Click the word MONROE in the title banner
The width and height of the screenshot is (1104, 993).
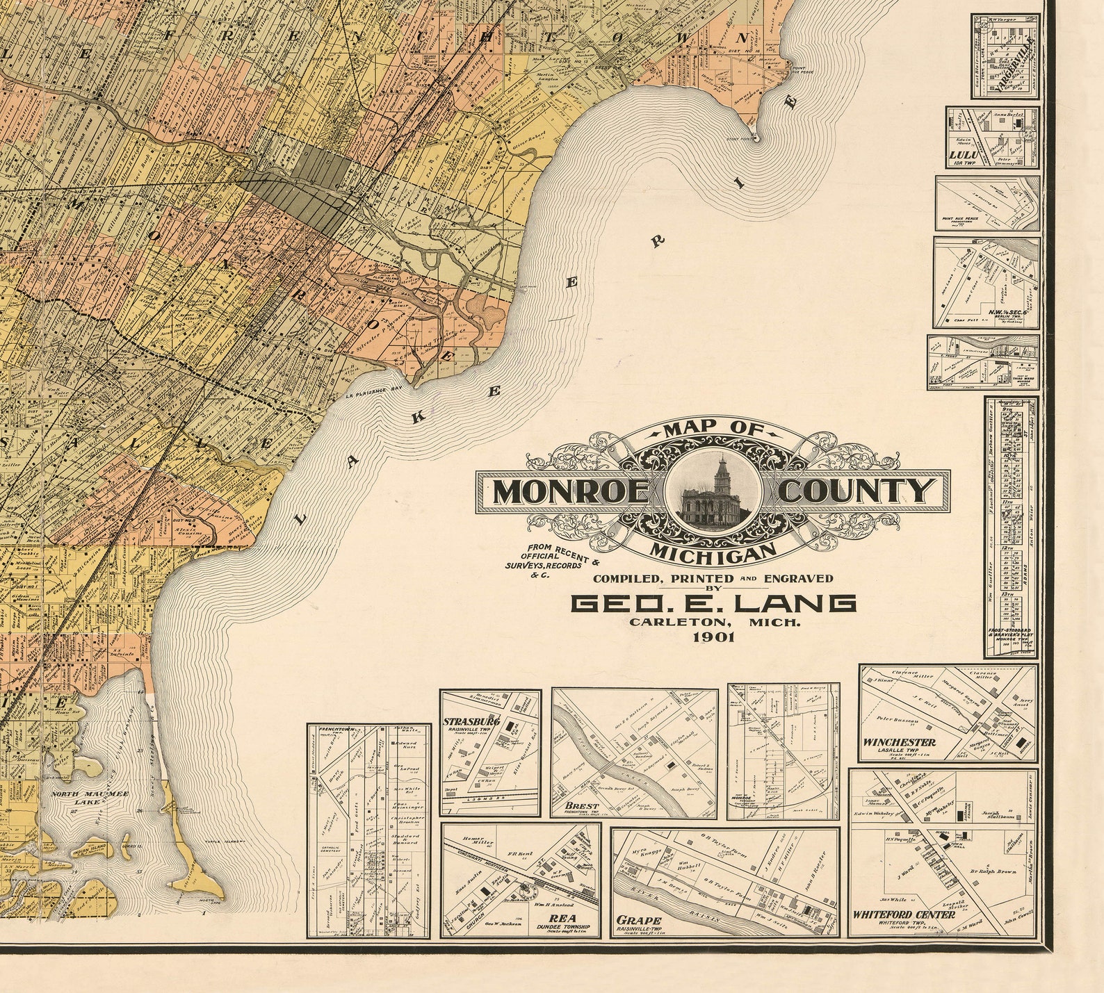[571, 492]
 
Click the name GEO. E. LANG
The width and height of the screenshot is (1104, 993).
[713, 603]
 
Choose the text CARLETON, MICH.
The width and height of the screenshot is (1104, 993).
[715, 623]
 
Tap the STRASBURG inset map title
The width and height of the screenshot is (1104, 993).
[471, 722]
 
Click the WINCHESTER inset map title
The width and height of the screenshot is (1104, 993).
[899, 742]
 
